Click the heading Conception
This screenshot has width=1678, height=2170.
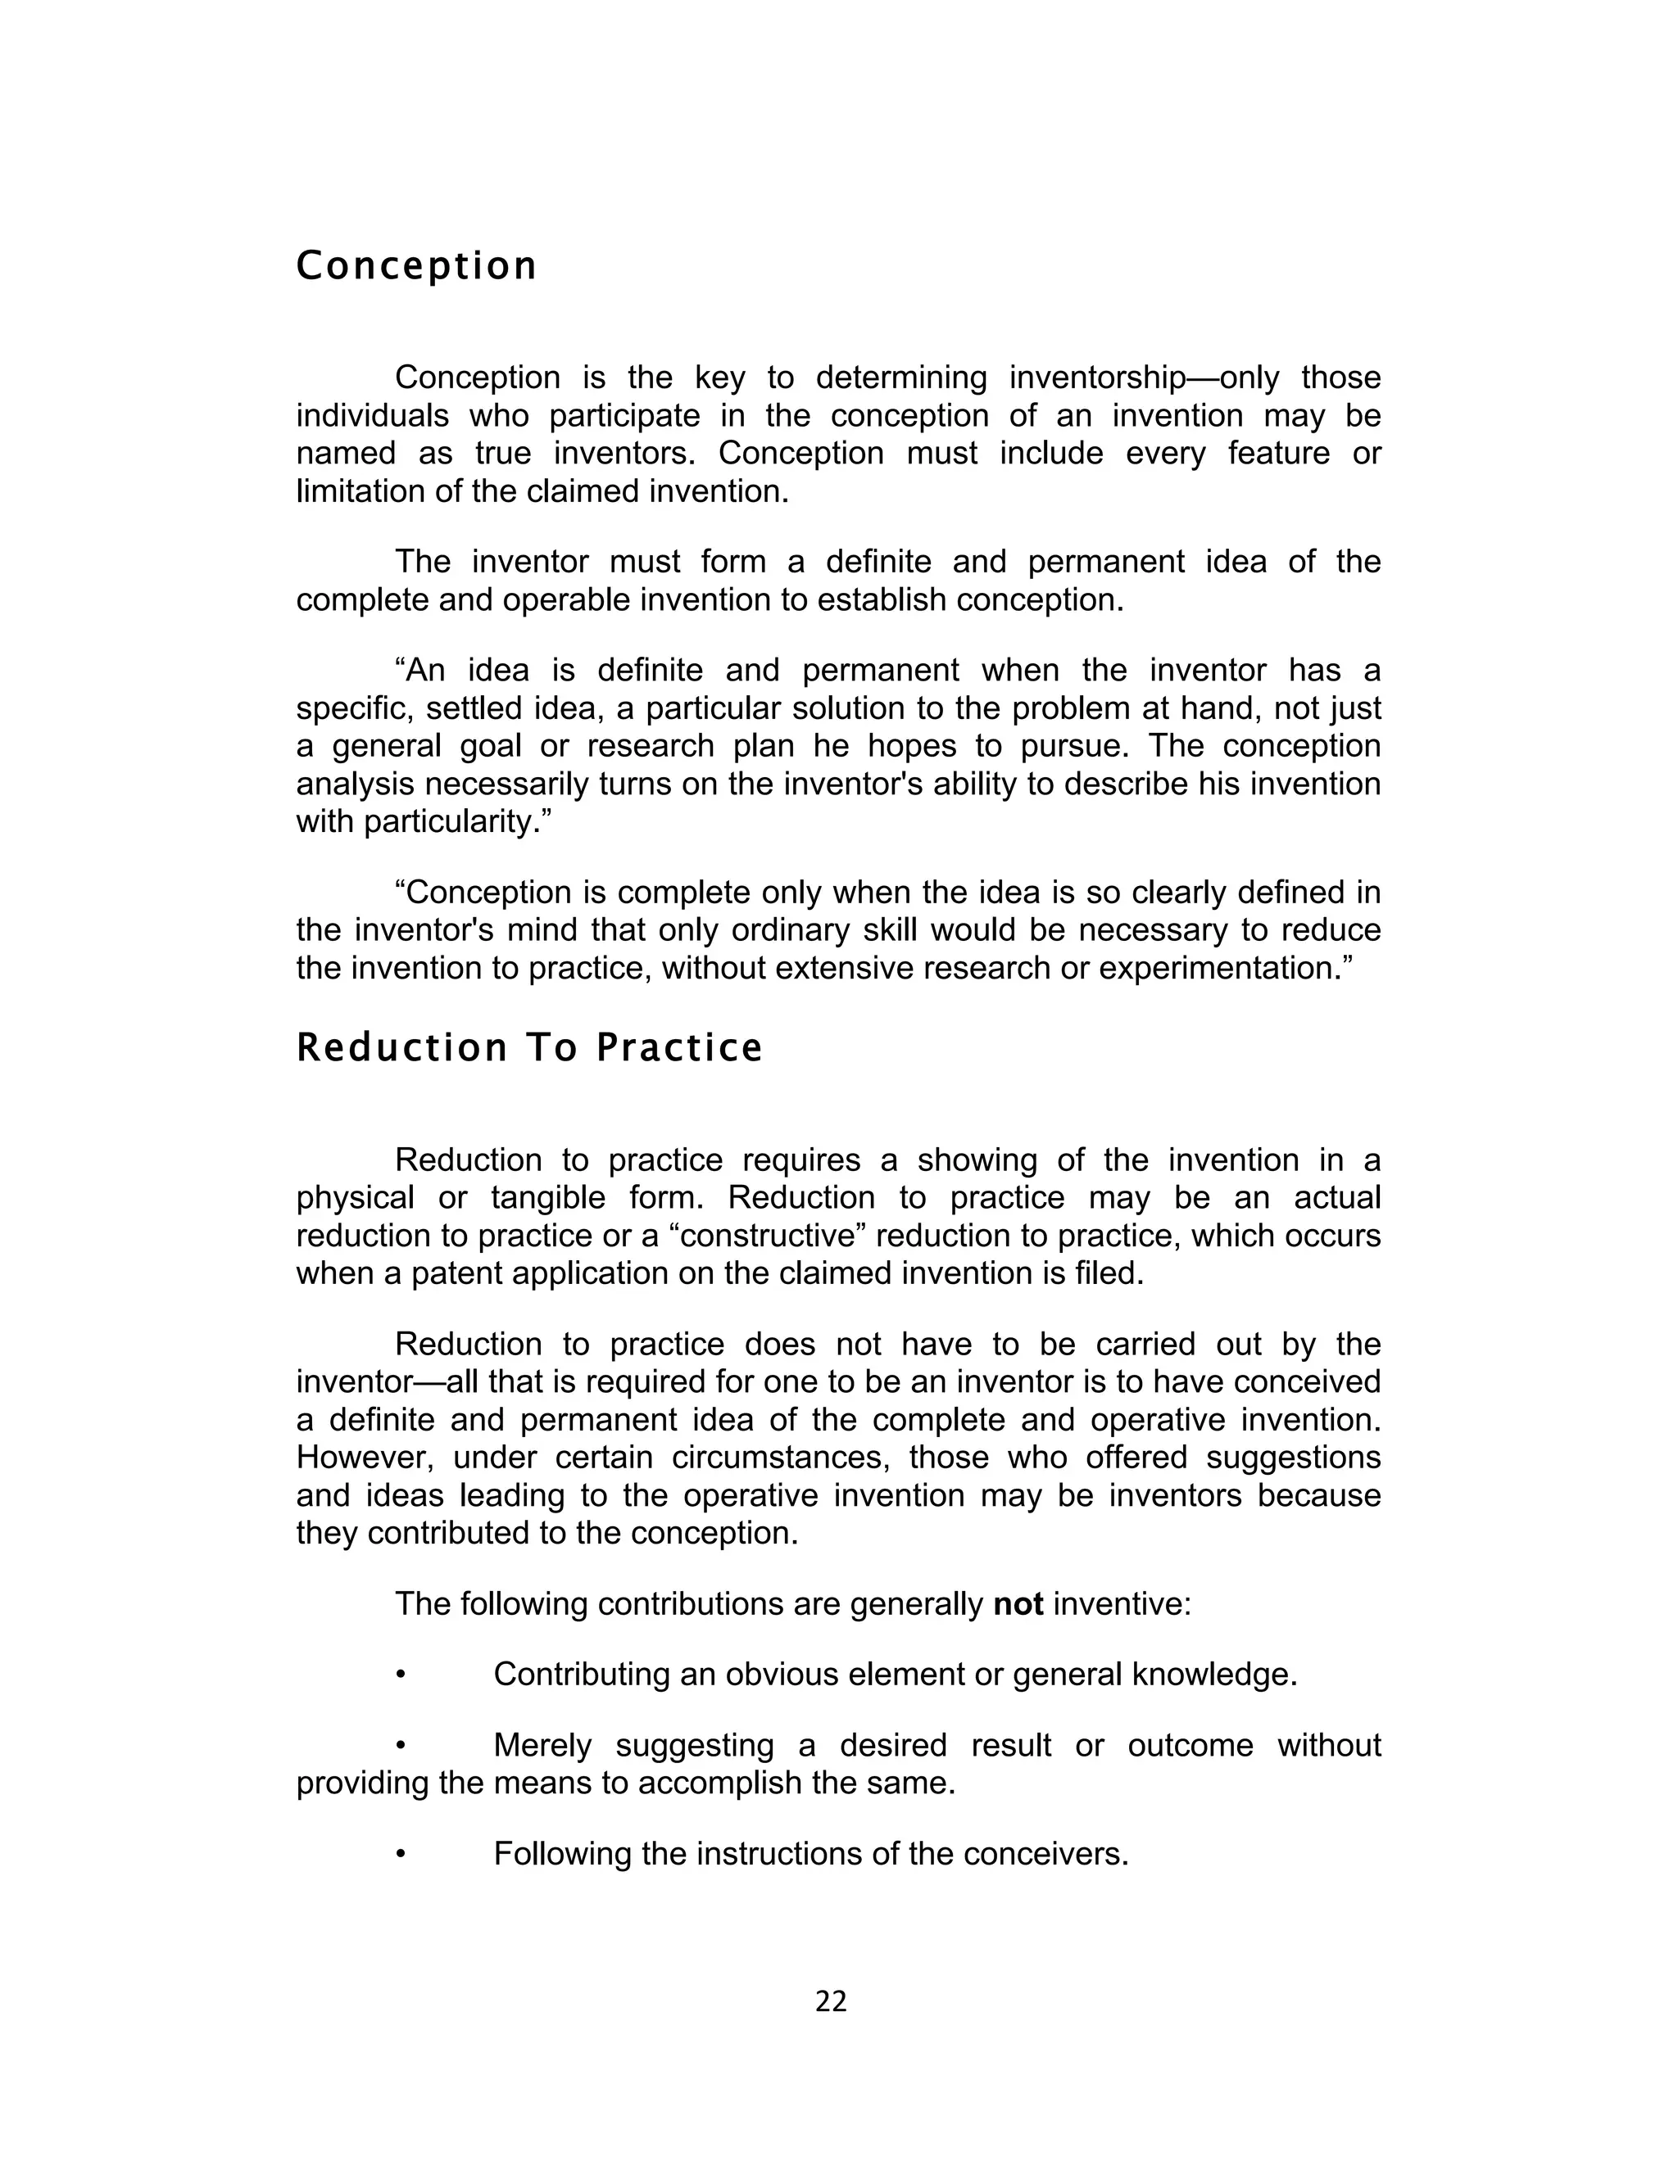pyautogui.click(x=416, y=266)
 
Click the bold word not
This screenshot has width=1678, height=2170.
pyautogui.click(x=1018, y=1603)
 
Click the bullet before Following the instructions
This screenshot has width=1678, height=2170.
pyautogui.click(x=401, y=1854)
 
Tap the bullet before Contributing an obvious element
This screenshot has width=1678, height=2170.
pyautogui.click(x=401, y=1675)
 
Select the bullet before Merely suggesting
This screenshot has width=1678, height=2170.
pyautogui.click(x=401, y=1746)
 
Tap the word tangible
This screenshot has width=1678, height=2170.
pyautogui.click(x=548, y=1197)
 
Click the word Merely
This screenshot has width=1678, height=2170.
pyautogui.click(x=542, y=1746)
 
